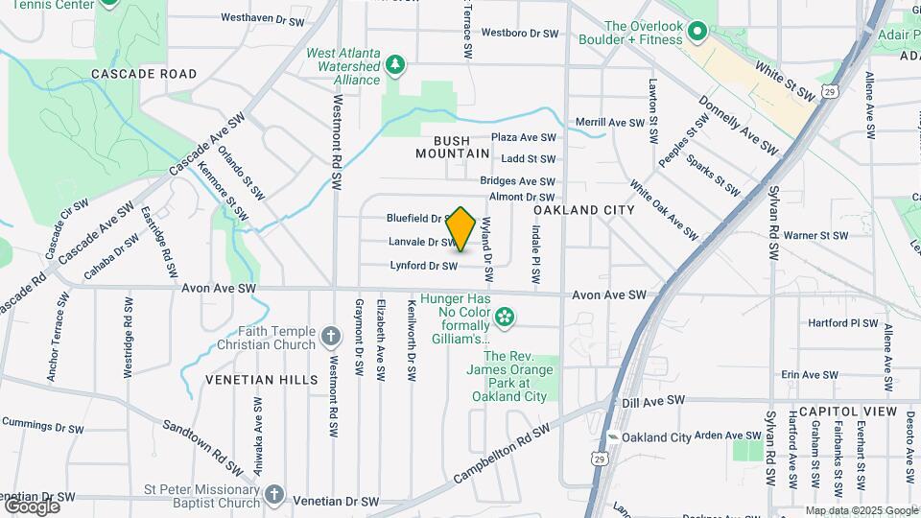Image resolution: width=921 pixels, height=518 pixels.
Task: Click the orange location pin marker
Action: click(x=461, y=229)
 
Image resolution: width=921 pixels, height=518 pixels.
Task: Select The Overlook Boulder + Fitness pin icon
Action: click(x=698, y=33)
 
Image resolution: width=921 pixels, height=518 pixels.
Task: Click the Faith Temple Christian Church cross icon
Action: click(x=331, y=337)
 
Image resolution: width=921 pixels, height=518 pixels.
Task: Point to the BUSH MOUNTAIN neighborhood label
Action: click(x=453, y=147)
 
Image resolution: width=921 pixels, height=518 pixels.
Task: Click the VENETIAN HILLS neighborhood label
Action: click(x=262, y=380)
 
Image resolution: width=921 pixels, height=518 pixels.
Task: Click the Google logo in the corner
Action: click(x=32, y=506)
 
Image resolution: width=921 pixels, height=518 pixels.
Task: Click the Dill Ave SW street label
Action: click(x=653, y=400)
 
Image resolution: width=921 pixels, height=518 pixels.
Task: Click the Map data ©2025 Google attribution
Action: click(x=861, y=510)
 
